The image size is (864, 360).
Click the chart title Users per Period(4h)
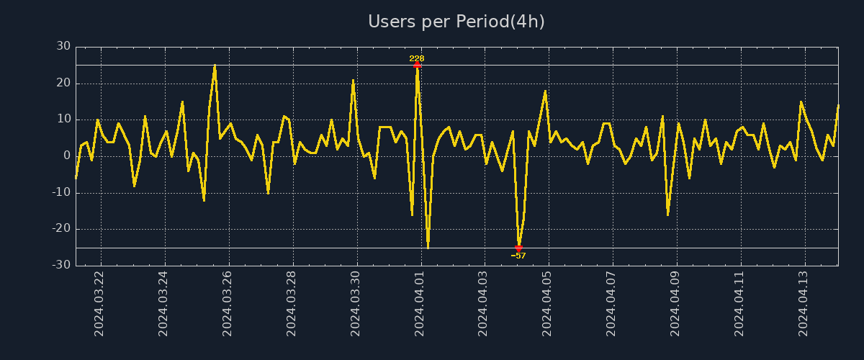[x=456, y=22]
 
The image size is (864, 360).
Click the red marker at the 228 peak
[x=417, y=66]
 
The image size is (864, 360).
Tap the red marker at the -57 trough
[x=518, y=248]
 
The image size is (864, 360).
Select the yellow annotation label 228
[x=417, y=58]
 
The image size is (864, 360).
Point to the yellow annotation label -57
[x=518, y=256]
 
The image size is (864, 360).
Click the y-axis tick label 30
[x=63, y=47]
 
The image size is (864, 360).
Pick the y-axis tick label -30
[x=61, y=266]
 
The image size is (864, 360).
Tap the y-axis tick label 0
[x=67, y=156]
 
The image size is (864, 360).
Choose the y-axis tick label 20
[x=63, y=84]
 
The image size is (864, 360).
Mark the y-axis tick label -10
[x=61, y=193]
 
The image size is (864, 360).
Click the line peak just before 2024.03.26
[x=215, y=66]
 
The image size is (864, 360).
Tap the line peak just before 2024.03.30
[x=353, y=80]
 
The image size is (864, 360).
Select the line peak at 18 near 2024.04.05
[x=545, y=91]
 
